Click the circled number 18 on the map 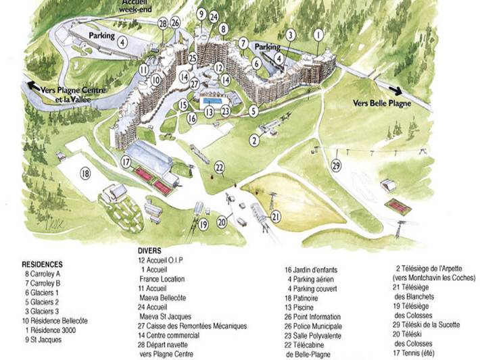85,174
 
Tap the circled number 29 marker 337,164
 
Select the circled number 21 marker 275,216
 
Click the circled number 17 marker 126,161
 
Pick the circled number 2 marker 254,140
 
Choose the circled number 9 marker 201,14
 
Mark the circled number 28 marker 162,24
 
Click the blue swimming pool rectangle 215,101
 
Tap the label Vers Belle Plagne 383,103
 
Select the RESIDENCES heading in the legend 42,264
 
